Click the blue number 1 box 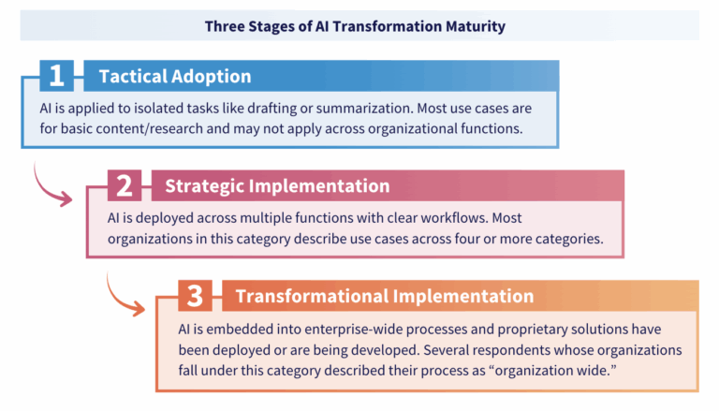(56, 76)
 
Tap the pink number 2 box (125, 185)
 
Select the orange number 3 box (195, 296)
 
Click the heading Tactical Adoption (175, 76)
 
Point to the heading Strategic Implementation (277, 185)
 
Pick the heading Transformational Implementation (385, 296)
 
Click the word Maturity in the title (476, 26)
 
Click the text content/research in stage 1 (155, 128)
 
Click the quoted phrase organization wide (553, 370)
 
